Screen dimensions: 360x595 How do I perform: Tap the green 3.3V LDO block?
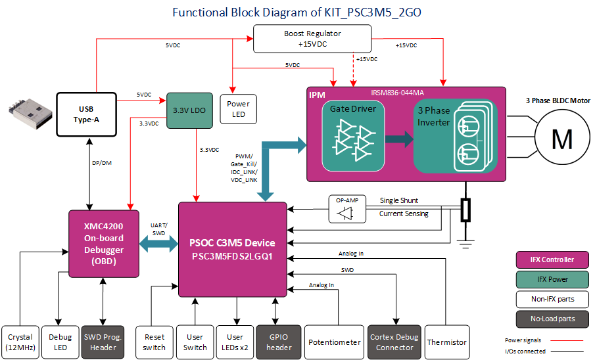[189, 110]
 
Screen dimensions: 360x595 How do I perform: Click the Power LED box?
[237, 109]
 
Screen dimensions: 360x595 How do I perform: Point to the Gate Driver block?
[352, 134]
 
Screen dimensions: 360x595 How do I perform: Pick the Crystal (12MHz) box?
[20, 342]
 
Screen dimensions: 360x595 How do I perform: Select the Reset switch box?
[154, 342]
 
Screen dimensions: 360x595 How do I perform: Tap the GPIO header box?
[278, 342]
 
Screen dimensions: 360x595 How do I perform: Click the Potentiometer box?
[334, 342]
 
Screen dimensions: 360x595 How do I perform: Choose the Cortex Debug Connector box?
[394, 342]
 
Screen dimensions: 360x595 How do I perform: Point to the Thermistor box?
[447, 342]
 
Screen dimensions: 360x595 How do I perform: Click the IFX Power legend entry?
[552, 279]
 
